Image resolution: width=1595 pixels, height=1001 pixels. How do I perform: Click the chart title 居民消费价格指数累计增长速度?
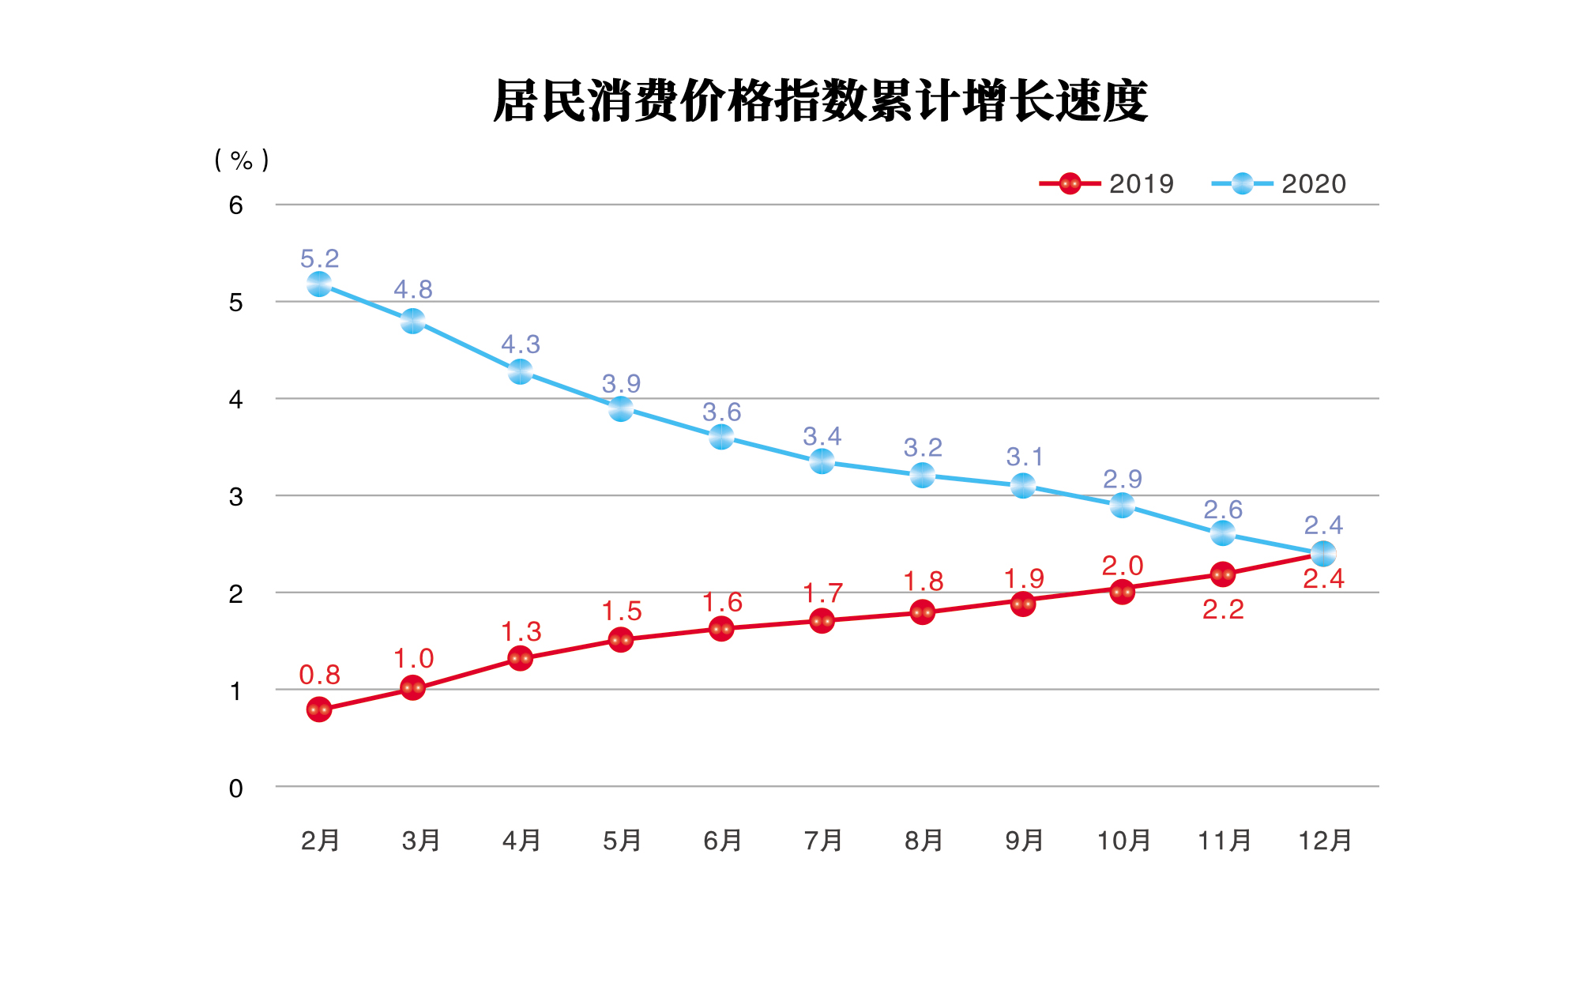pos(820,101)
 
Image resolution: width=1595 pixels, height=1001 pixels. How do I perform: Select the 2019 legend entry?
pos(1107,184)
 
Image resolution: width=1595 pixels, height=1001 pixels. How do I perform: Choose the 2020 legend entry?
pos(1279,184)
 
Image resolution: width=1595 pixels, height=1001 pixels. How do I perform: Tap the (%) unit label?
pos(242,160)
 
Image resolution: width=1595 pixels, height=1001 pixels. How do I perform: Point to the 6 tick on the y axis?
pos(235,205)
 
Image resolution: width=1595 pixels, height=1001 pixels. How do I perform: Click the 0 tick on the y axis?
pos(235,788)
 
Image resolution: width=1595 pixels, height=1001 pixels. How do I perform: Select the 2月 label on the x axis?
pos(320,841)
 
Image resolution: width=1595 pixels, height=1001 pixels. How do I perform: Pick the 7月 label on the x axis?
pos(823,841)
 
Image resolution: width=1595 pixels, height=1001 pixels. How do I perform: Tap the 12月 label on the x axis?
pos(1325,841)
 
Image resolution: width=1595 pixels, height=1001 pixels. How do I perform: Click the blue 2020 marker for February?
pos(319,284)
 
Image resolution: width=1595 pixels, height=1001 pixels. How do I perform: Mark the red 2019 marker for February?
pos(319,709)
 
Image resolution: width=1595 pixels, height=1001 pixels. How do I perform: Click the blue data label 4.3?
pos(521,344)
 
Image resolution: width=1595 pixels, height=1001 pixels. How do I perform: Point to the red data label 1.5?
pos(622,612)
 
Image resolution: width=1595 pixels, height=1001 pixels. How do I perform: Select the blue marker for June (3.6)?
pos(721,436)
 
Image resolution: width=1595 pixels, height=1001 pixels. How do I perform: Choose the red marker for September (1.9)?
pos(1023,604)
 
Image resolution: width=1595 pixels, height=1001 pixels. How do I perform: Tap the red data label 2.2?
pos(1223,609)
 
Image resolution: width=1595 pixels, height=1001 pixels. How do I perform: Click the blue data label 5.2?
pos(319,258)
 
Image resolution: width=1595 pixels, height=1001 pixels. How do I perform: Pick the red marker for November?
pos(1223,574)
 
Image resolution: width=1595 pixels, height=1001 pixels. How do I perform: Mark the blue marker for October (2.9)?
pos(1123,505)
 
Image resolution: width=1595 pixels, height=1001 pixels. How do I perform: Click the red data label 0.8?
pos(319,675)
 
